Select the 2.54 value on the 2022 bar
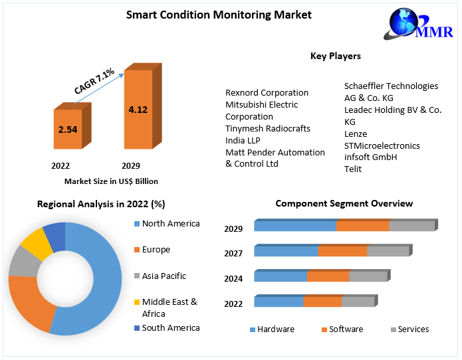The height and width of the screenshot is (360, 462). click(x=68, y=130)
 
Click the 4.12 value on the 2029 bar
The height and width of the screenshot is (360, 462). click(x=138, y=110)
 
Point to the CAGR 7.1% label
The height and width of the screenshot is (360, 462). click(x=94, y=81)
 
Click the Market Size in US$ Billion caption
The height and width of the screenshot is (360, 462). click(x=111, y=181)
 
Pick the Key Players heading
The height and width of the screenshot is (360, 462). click(x=336, y=56)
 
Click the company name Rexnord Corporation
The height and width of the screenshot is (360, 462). click(x=267, y=92)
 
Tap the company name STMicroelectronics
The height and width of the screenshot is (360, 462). click(x=382, y=145)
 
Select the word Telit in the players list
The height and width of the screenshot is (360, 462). click(x=353, y=169)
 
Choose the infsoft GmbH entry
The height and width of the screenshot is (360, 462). click(x=370, y=157)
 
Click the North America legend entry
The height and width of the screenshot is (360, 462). click(x=170, y=224)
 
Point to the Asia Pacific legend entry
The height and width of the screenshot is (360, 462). click(x=164, y=276)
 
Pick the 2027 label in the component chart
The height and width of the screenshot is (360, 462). click(x=233, y=253)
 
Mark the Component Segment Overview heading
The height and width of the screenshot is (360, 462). click(x=344, y=203)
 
